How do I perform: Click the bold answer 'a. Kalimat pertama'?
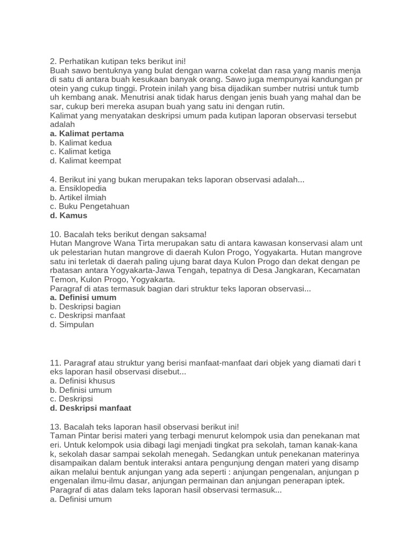click(x=87, y=133)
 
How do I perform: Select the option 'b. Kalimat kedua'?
click(x=81, y=143)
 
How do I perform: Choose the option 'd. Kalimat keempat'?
click(x=86, y=160)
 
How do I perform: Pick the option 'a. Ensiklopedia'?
click(x=78, y=188)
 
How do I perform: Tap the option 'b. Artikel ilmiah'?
click(x=78, y=197)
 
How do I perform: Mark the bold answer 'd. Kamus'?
click(x=68, y=215)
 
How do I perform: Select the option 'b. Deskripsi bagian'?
click(x=85, y=306)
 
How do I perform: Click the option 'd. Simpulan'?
click(x=72, y=324)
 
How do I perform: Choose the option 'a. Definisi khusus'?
click(x=82, y=381)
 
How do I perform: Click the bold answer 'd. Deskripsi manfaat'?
click(x=90, y=408)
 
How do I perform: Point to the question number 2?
click(x=53, y=61)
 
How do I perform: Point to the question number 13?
click(x=55, y=426)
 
